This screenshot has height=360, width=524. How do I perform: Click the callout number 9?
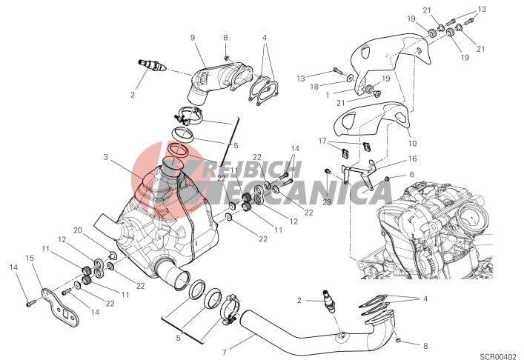click(x=193, y=38)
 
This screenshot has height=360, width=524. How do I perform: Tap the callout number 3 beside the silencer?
click(x=105, y=156)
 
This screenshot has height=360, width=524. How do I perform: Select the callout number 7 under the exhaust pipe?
click(x=225, y=352)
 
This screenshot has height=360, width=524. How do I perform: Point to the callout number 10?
click(x=412, y=143)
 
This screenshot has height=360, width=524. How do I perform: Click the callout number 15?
click(x=30, y=258)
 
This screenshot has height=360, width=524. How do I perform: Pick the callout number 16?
click(x=412, y=159)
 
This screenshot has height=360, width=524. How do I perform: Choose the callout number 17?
click(x=322, y=141)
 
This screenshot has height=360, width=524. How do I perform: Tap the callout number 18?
click(x=314, y=87)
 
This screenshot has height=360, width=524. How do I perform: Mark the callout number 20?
click(x=78, y=230)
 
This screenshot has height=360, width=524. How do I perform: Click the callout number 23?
click(x=327, y=202)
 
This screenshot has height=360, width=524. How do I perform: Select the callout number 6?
click(x=412, y=174)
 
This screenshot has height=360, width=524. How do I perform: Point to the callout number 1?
click(x=328, y=95)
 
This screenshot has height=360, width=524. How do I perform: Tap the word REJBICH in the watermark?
click(x=253, y=170)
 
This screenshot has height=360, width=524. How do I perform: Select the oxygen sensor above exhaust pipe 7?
click(x=328, y=301)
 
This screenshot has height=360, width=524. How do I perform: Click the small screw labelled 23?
click(x=327, y=171)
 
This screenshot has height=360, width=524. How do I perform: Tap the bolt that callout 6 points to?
click(x=387, y=179)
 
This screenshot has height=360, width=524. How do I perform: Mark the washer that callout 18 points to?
click(x=350, y=78)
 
